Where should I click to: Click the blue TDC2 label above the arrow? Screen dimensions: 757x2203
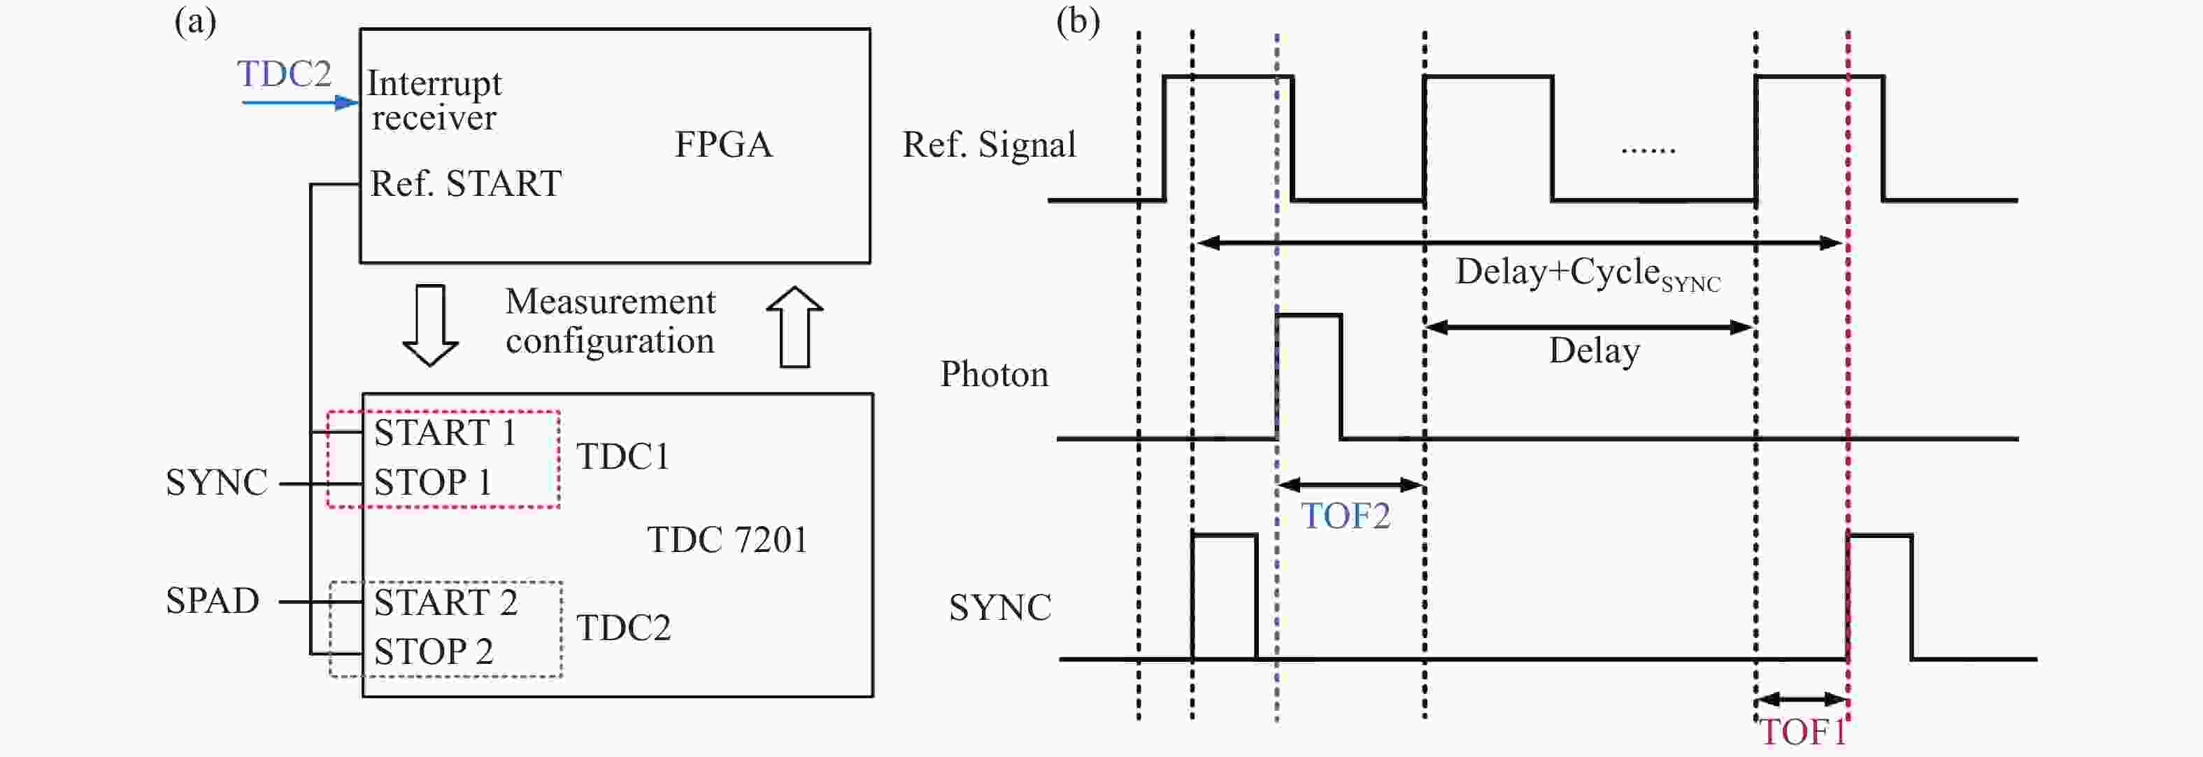[x=284, y=74]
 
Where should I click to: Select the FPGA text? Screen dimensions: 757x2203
[x=724, y=145]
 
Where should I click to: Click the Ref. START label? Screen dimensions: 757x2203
[x=465, y=184]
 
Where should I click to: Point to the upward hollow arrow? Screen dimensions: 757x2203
[x=794, y=326]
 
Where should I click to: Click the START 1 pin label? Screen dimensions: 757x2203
[x=445, y=433]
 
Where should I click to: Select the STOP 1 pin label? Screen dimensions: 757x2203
[x=433, y=483]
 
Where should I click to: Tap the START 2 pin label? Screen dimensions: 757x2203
[x=445, y=603]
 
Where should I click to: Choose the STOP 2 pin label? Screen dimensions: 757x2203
[x=434, y=652]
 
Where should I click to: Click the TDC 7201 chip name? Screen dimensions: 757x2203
[x=727, y=539]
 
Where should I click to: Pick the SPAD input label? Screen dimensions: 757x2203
[x=212, y=600]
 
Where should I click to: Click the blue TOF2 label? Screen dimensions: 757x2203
[x=1346, y=516]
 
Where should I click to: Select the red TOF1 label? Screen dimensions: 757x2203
[x=1801, y=733]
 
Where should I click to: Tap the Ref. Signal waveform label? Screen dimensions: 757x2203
[x=989, y=145]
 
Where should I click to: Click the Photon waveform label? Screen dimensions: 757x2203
[x=994, y=374]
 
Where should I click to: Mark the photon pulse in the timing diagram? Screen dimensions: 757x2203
[x=1309, y=376]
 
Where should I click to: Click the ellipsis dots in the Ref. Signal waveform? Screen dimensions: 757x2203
[x=1648, y=150]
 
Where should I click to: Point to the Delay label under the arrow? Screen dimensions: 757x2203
[x=1594, y=351]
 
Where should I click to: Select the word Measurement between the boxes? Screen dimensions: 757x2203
[x=610, y=302]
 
